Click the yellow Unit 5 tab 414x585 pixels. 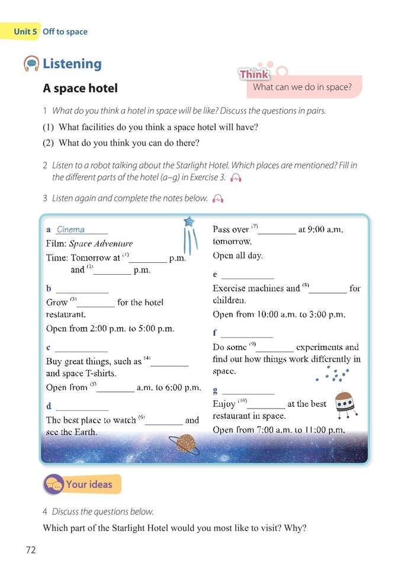click(x=21, y=31)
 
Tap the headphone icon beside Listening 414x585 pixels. click(x=31, y=63)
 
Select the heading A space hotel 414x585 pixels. click(x=80, y=88)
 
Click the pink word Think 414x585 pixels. click(x=254, y=74)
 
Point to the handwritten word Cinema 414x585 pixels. click(x=70, y=230)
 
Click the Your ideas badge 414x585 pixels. click(x=82, y=484)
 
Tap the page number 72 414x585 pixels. click(x=31, y=550)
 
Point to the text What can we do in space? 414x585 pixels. click(x=302, y=88)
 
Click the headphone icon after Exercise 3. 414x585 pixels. click(x=236, y=178)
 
